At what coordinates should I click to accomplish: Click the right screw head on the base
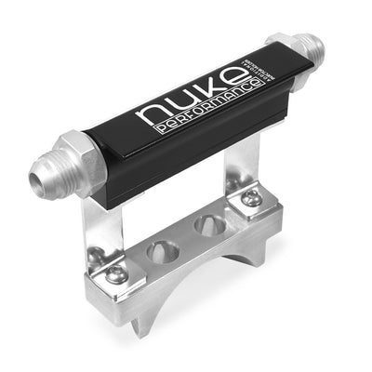click(x=250, y=197)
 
